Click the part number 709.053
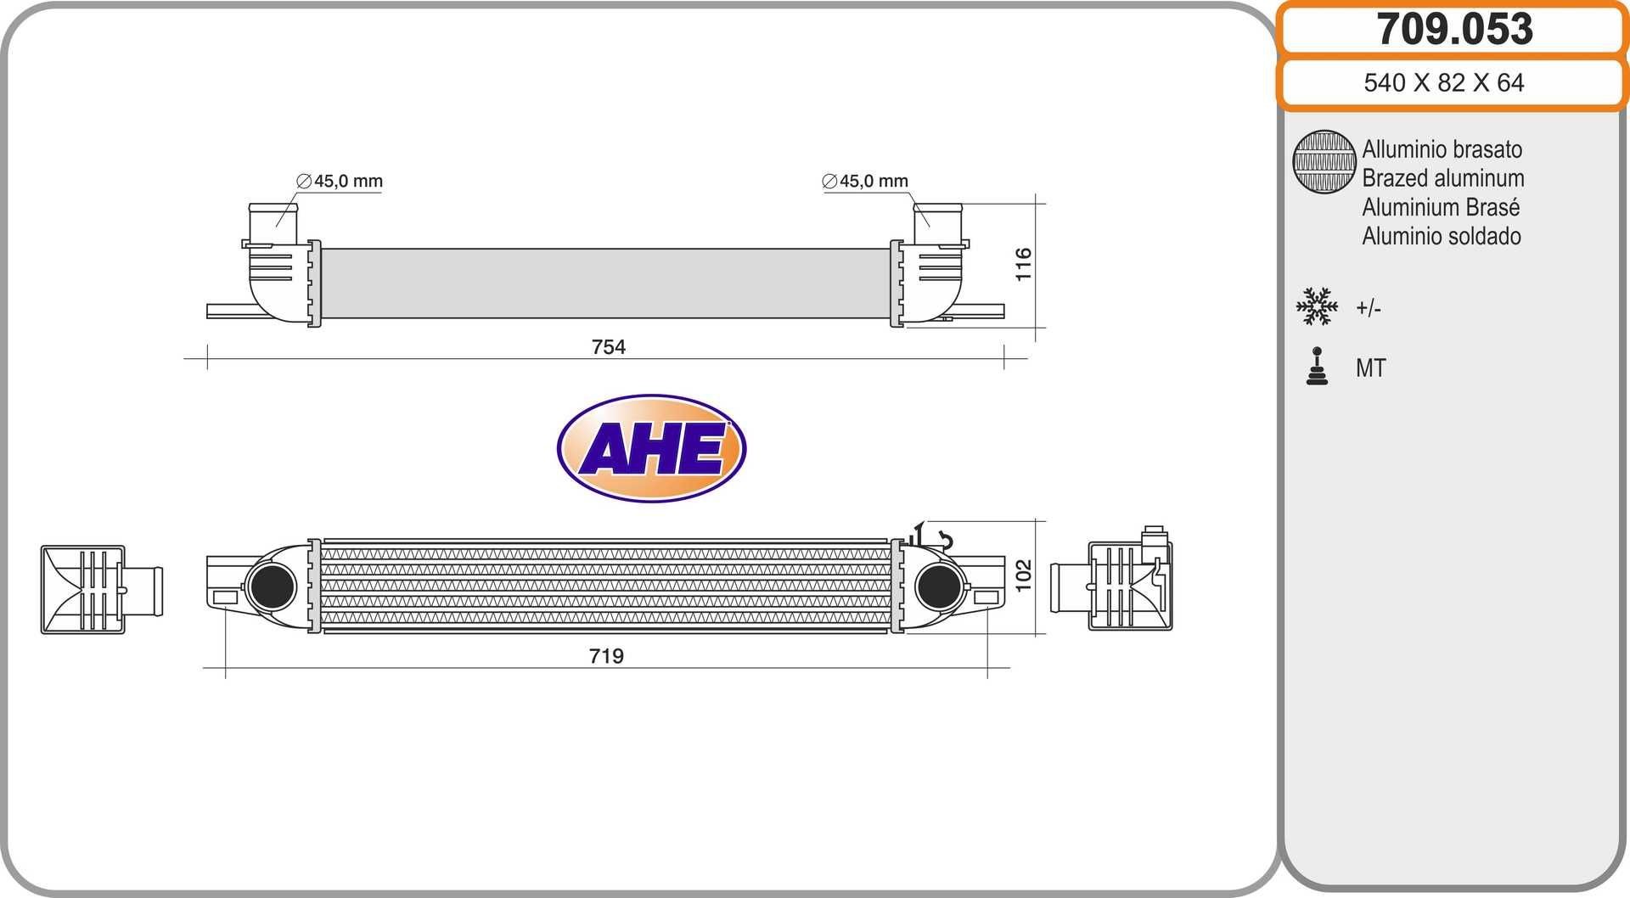tap(1454, 29)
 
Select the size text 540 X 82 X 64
tap(1443, 82)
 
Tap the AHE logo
tap(651, 448)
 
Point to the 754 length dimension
tap(608, 346)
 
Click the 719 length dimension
tap(606, 655)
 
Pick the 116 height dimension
tap(1023, 264)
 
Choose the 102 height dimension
tap(1023, 575)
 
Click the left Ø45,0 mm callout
tap(340, 181)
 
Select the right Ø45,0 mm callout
tap(865, 181)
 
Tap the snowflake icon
tap(1317, 306)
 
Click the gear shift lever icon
tap(1317, 367)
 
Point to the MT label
tap(1370, 368)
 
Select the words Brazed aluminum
tap(1442, 178)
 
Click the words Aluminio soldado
tap(1441, 236)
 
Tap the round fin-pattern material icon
tap(1324, 161)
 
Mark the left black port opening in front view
tap(273, 586)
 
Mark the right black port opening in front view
tap(938, 586)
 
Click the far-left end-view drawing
tap(100, 589)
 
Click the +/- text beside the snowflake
tap(1369, 308)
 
